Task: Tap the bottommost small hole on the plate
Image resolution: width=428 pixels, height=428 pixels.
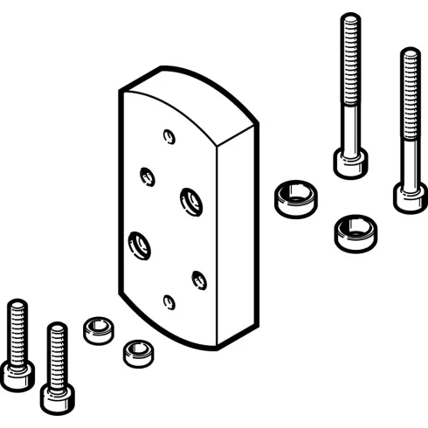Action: point(169,302)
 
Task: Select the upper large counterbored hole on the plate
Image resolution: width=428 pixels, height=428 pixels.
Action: point(189,201)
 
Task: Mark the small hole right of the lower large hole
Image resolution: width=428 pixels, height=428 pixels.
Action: point(197,280)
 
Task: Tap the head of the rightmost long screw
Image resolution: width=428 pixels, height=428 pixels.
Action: point(408,197)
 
